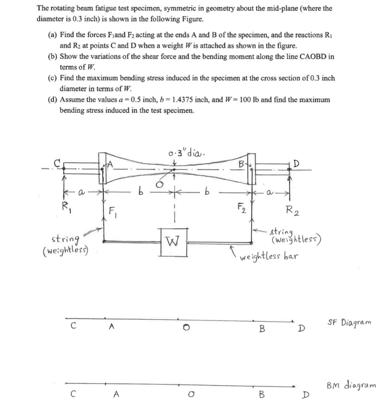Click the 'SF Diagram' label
[x=349, y=322]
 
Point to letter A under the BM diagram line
[x=116, y=394]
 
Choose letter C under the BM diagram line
[x=72, y=394]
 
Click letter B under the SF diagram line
[x=261, y=328]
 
